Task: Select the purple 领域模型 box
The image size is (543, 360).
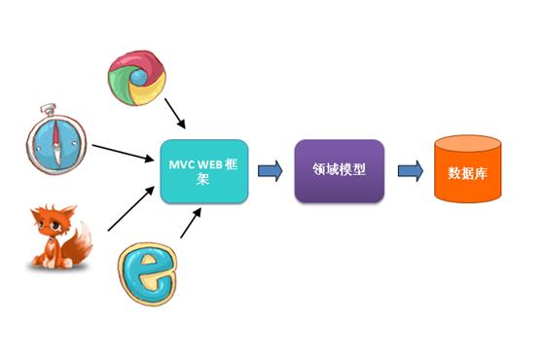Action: coord(340,171)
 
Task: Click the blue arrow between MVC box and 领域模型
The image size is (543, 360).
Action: coord(270,171)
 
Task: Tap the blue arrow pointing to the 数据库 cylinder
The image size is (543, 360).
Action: coord(410,171)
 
